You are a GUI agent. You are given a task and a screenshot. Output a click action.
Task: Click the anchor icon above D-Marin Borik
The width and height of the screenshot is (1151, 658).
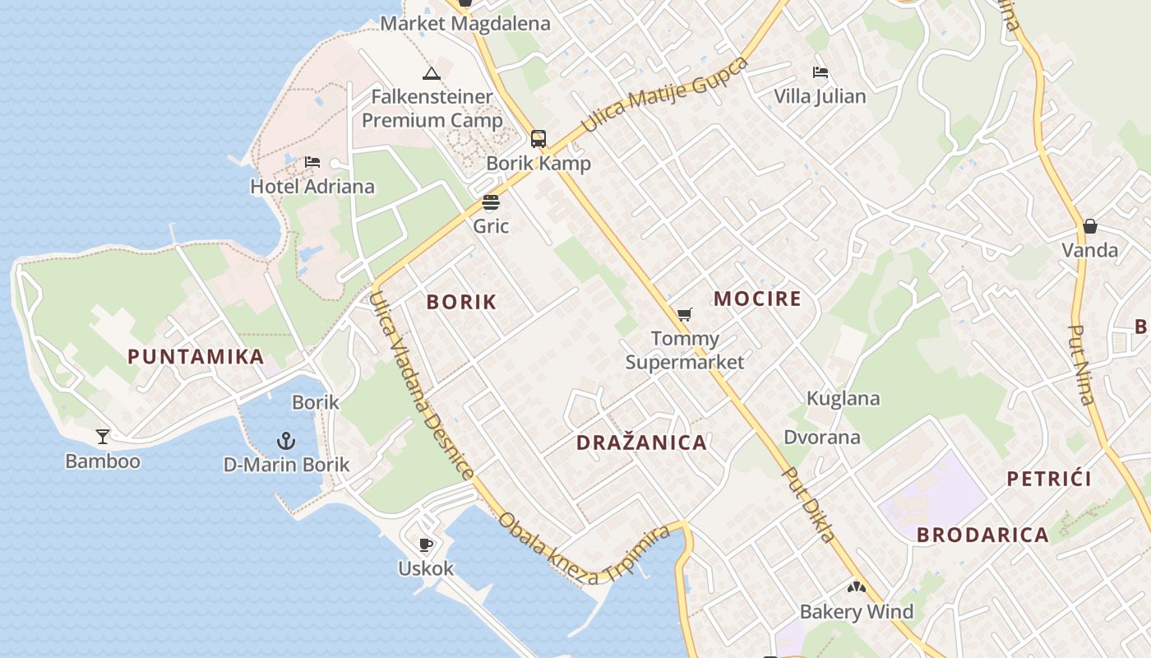click(x=286, y=441)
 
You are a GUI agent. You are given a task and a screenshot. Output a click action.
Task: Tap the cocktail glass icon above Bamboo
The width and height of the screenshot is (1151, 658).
click(x=103, y=436)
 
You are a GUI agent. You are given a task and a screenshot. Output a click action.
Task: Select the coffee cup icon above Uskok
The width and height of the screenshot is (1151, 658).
click(x=426, y=544)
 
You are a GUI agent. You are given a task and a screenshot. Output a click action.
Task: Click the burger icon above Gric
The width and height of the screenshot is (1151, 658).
click(x=491, y=202)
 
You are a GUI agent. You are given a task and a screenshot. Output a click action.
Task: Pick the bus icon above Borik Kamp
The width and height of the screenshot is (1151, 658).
click(x=539, y=139)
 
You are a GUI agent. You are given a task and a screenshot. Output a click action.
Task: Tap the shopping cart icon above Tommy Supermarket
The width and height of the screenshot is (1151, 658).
click(x=684, y=314)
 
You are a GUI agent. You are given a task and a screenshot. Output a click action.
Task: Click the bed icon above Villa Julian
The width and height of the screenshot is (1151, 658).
click(x=820, y=72)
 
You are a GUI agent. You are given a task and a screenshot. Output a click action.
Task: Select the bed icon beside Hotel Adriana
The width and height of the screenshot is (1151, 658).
click(x=312, y=162)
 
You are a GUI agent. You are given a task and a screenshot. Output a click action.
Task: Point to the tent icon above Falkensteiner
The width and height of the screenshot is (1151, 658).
click(x=432, y=73)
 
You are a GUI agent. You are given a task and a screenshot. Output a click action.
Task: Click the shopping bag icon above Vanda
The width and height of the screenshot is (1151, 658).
click(x=1090, y=226)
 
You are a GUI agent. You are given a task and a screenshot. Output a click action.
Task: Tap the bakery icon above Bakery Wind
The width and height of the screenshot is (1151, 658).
click(x=857, y=587)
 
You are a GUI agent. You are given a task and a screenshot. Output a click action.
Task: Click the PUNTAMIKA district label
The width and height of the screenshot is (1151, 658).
click(x=196, y=357)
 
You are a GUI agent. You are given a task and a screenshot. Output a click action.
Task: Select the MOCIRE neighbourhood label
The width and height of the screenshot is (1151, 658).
click(x=757, y=299)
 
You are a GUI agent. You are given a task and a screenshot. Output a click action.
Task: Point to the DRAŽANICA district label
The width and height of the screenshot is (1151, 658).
click(x=641, y=443)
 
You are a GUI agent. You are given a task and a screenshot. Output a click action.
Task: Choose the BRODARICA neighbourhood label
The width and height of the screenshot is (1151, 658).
click(x=982, y=535)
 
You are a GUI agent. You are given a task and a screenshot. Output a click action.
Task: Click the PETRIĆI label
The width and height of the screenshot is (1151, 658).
click(x=1049, y=479)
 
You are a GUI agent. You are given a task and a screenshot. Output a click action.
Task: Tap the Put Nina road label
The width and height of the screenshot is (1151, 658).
click(x=1080, y=364)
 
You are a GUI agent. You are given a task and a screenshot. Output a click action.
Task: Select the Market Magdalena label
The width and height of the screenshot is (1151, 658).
click(x=465, y=24)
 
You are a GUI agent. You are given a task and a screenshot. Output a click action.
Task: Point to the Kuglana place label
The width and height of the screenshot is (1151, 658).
click(x=843, y=399)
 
